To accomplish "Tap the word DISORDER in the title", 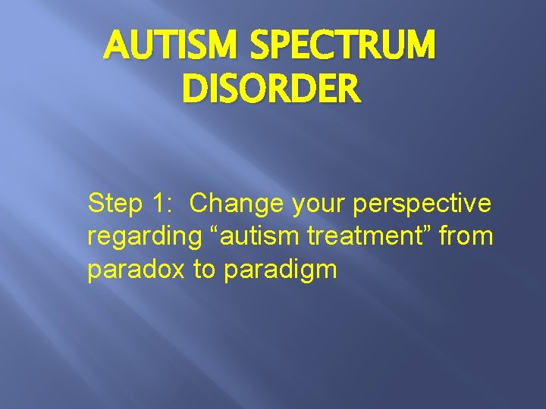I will pos(271,89).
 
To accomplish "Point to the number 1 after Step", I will pos(158,203).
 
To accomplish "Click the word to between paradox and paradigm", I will pos(205,270).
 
